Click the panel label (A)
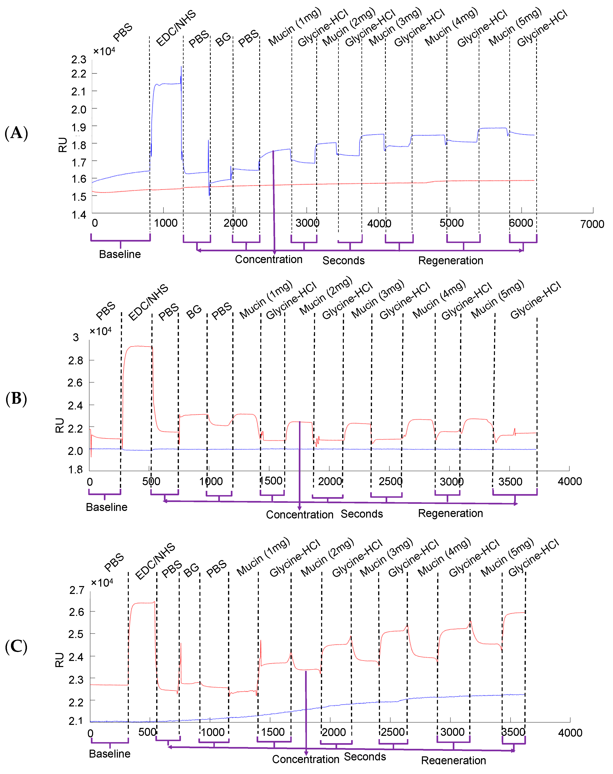16,133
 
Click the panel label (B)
16,398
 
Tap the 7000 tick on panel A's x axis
592,224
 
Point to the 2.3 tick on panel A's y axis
79,59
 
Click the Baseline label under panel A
120,254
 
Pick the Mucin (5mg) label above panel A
515,27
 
